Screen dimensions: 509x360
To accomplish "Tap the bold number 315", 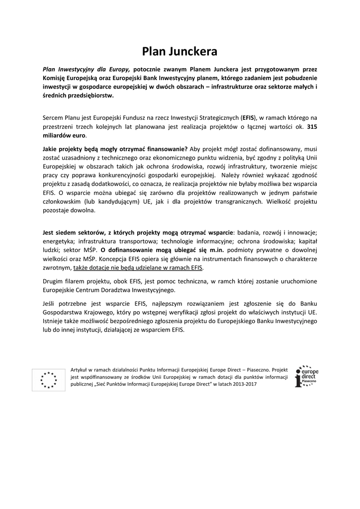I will click(312, 127).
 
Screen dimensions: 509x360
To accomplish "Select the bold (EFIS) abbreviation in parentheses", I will click(248, 118).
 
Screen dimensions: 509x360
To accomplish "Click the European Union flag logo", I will click(49, 379).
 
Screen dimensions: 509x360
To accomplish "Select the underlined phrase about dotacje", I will click(138, 267).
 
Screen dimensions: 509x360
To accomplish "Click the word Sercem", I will click(53, 118).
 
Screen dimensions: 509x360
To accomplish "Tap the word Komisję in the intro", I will click(55, 78).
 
